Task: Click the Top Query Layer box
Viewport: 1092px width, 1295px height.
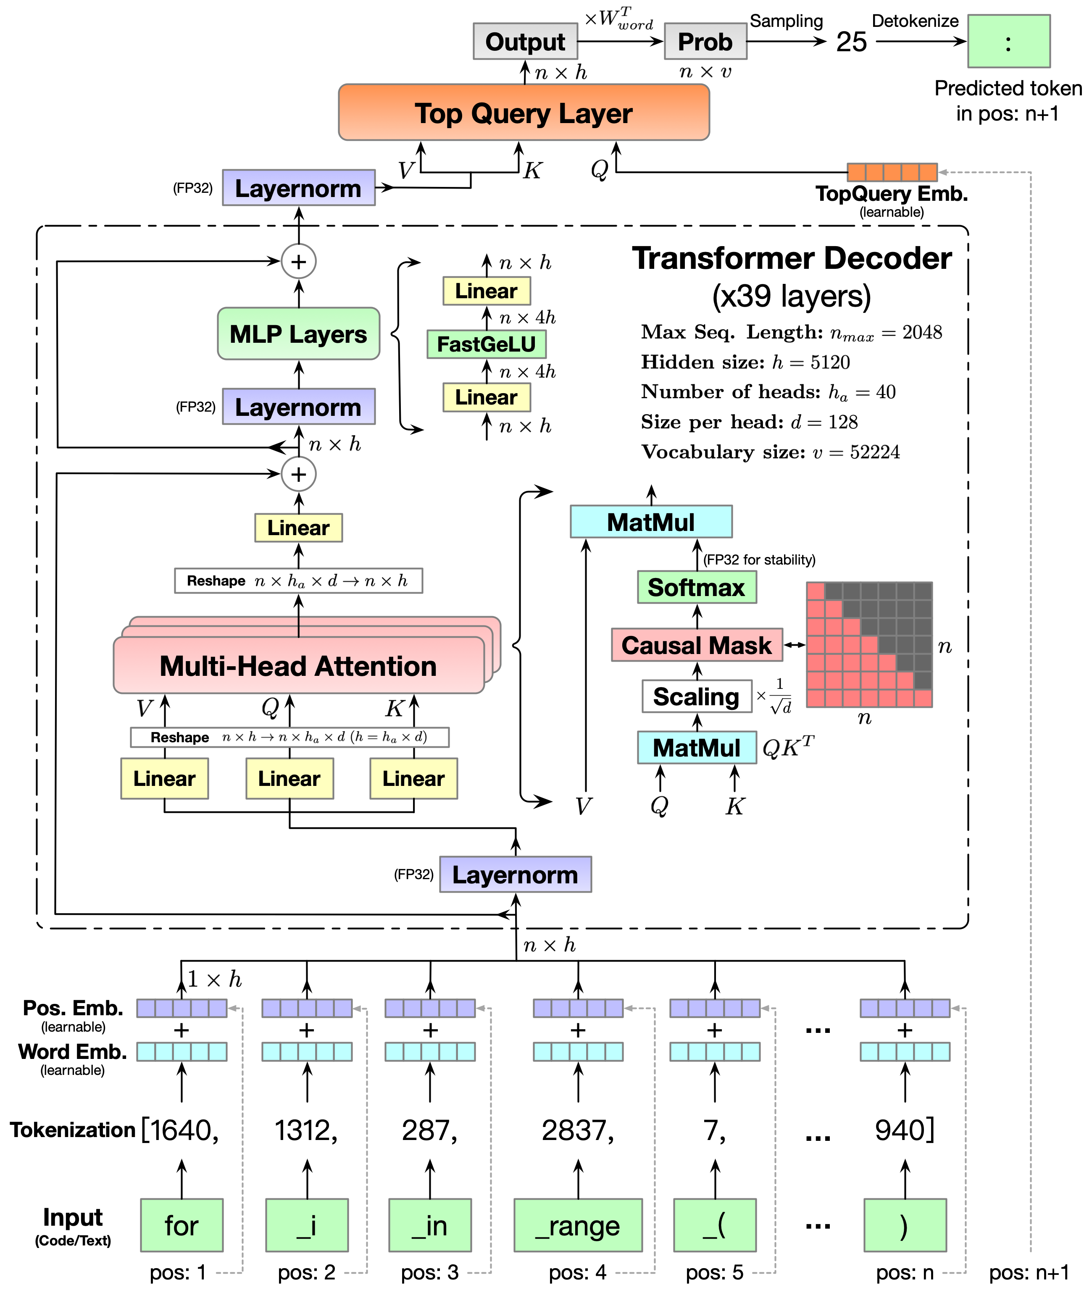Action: pos(524,113)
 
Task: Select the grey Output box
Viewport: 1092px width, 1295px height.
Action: pos(525,42)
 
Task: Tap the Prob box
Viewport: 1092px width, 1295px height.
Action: pos(705,42)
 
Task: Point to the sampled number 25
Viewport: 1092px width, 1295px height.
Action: pos(851,42)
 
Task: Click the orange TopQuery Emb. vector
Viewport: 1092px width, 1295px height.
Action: pos(892,172)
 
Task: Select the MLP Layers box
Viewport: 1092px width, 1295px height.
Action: pos(298,334)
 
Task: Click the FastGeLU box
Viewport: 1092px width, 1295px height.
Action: pos(487,344)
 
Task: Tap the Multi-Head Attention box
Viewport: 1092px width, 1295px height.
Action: pos(298,666)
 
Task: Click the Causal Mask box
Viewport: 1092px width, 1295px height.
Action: pos(697,645)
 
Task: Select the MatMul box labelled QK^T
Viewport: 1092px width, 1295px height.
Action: pos(697,747)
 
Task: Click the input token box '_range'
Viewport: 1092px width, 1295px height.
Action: pos(578,1225)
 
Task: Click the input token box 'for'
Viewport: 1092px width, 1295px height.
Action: pos(182,1225)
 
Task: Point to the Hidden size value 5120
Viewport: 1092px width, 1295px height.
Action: pos(830,362)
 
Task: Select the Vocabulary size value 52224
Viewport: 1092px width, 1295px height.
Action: pos(875,452)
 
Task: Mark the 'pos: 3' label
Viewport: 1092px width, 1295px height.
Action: pos(430,1272)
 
